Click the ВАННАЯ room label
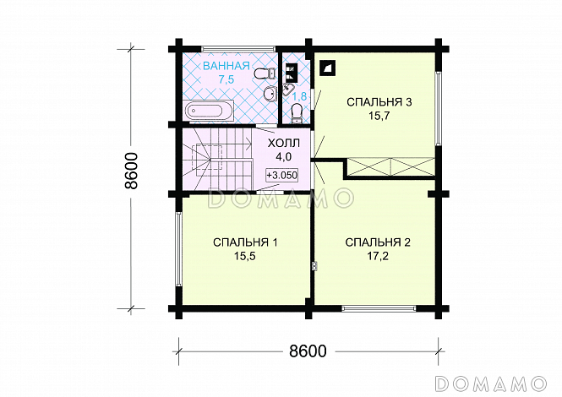[226, 66]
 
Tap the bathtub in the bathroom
[208, 110]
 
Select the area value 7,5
[226, 79]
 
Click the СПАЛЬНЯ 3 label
[379, 102]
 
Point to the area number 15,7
[379, 116]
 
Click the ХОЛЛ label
[283, 144]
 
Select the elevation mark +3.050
[281, 175]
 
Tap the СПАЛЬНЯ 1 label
[245, 242]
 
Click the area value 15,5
[245, 256]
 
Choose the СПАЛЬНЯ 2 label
[378, 242]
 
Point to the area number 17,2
[378, 256]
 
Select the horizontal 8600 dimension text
[308, 351]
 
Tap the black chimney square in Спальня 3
[328, 68]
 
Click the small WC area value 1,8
[299, 97]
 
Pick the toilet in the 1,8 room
[297, 111]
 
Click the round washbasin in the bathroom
[270, 94]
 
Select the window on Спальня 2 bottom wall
[379, 307]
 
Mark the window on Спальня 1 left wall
[178, 249]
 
